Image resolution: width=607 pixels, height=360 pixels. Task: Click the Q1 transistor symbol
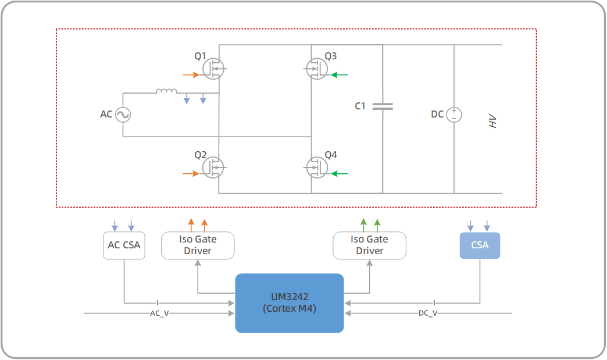click(x=213, y=69)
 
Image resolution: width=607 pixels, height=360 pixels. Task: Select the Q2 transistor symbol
click(x=213, y=167)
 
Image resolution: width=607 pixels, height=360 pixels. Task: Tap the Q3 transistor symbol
click(x=316, y=69)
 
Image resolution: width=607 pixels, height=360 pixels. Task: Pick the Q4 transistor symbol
click(x=316, y=167)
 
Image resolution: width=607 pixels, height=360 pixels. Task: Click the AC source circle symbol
click(x=123, y=115)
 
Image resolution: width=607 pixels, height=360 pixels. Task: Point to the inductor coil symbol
click(x=166, y=91)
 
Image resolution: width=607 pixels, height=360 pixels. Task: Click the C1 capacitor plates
click(x=383, y=106)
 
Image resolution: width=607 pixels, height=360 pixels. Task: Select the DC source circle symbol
click(x=454, y=115)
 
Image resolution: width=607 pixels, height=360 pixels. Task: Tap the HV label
click(x=493, y=122)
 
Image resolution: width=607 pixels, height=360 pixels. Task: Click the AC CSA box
click(x=124, y=245)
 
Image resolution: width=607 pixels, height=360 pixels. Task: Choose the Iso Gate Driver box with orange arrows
click(x=198, y=245)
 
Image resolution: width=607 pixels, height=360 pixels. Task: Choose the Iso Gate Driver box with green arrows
click(x=369, y=245)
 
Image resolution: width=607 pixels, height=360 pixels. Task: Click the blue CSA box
click(x=480, y=245)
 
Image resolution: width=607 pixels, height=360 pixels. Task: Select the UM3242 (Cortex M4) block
click(x=289, y=303)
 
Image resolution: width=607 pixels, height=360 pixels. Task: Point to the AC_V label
click(x=159, y=313)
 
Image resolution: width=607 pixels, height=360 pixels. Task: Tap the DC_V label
click(x=428, y=313)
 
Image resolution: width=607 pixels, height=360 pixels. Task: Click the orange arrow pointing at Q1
click(x=190, y=75)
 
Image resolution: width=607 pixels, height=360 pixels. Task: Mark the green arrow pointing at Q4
click(x=340, y=173)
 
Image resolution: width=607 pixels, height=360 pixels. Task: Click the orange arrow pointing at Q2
click(x=190, y=173)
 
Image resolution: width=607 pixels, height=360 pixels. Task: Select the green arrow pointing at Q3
click(x=340, y=75)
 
